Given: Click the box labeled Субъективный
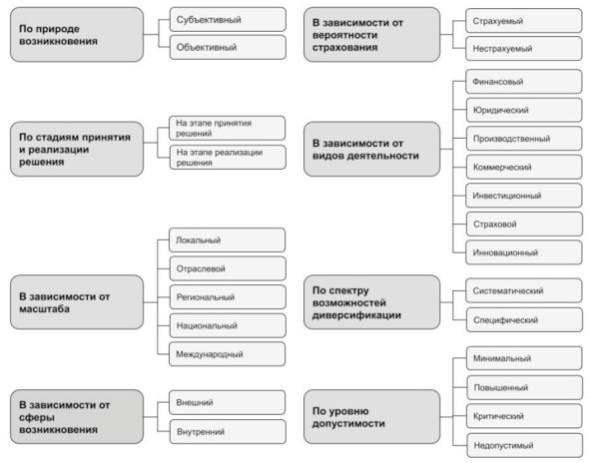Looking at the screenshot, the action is coord(228,20).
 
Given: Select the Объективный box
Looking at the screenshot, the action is coord(228,47).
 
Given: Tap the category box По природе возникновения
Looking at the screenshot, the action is coord(77,35).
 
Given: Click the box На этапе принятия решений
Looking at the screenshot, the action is coord(228,129).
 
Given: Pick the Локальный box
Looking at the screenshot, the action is coord(228,239).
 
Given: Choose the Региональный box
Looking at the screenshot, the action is coord(228,297).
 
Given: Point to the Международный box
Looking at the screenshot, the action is coord(228,354).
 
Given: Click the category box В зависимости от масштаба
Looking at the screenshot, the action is coord(77,302).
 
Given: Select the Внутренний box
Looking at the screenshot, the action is coord(228,432).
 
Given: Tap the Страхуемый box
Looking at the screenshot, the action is coord(524,21).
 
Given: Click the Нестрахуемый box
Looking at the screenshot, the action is coord(524,49).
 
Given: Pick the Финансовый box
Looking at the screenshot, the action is coord(524,82).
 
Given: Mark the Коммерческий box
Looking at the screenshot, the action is coord(524,167).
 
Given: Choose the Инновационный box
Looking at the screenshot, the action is coord(524,252).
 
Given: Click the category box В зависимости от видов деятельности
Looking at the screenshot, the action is coord(371,149).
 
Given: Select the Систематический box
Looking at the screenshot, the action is coord(524,290).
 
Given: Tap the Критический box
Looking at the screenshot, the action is coord(524,416).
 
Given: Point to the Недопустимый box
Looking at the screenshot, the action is coord(524,446).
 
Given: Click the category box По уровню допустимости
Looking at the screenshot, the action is coord(371,417).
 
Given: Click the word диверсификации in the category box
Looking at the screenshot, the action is coord(356,315).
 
